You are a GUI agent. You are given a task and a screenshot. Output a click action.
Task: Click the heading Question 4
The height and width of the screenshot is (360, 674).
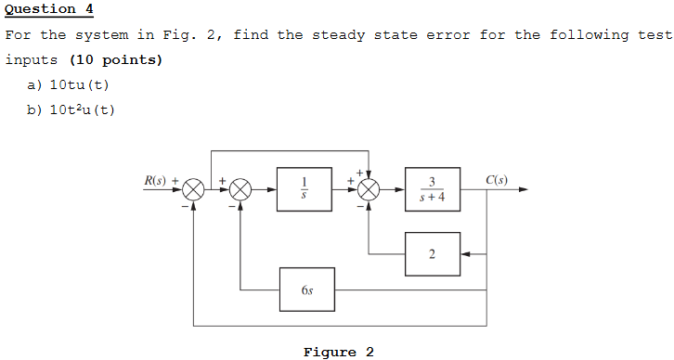(49, 9)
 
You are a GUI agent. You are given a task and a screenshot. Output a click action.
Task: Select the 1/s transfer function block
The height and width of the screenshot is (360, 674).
(305, 189)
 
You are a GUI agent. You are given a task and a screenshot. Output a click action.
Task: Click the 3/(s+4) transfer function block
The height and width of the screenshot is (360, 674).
(432, 189)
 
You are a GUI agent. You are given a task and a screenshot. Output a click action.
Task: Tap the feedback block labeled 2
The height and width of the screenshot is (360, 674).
(432, 254)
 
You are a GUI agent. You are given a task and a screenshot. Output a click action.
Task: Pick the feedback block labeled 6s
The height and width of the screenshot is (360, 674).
(307, 289)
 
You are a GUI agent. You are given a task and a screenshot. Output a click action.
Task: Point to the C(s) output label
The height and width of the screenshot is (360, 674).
(497, 180)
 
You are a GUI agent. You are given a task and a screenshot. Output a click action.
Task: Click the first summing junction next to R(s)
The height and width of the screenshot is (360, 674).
(193, 190)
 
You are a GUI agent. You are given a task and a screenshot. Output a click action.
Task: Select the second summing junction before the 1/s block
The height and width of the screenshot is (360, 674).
(240, 190)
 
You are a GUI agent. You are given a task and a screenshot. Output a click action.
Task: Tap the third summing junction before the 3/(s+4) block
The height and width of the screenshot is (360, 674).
(369, 190)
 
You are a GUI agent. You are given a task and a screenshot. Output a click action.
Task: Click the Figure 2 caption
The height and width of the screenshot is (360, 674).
(338, 352)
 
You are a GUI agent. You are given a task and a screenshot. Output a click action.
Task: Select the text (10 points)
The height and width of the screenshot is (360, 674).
(116, 60)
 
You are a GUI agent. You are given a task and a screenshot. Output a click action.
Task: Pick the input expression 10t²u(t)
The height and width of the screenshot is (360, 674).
(83, 110)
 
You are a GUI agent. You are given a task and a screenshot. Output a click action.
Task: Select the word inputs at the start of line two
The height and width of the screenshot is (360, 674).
(32, 60)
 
